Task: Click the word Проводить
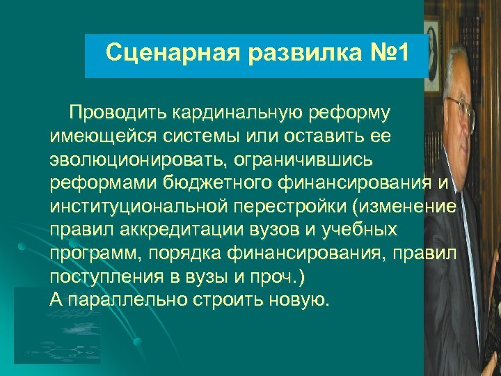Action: [x=118, y=113]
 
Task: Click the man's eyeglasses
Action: [x=462, y=109]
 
